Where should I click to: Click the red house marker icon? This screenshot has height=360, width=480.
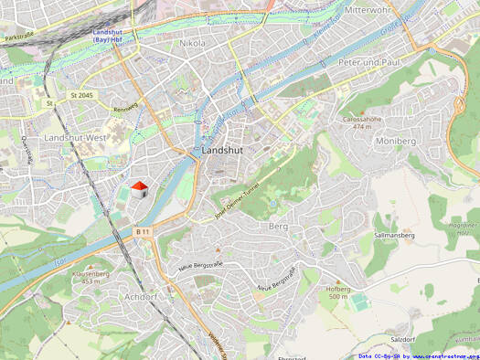139,188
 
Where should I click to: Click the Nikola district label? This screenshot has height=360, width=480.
193,43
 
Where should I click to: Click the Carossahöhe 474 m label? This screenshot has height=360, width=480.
362,122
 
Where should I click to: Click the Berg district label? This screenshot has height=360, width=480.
278,225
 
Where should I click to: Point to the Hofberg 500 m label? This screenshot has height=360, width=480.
338,292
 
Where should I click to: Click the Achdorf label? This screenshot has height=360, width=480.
140,297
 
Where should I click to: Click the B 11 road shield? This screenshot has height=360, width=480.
142,233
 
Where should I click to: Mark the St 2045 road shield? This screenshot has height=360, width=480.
80,95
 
